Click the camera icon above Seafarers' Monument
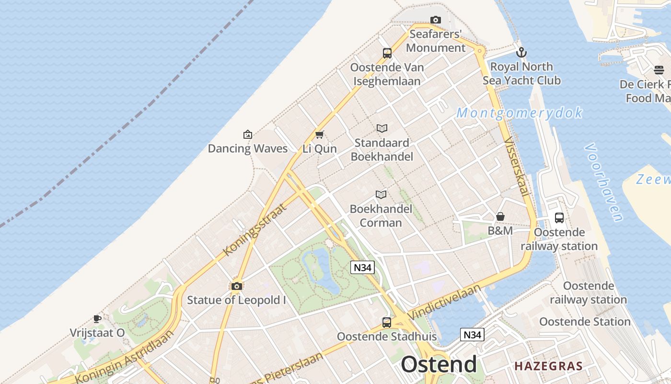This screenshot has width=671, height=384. [x=435, y=20]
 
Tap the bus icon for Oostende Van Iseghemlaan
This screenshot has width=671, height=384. [x=387, y=53]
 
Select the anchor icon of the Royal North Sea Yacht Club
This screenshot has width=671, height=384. [x=521, y=52]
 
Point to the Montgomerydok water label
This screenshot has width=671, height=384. [x=519, y=113]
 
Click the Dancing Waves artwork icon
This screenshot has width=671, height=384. [x=247, y=134]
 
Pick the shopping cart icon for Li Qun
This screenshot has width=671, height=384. [x=319, y=135]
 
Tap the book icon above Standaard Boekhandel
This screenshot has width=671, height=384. [x=382, y=129]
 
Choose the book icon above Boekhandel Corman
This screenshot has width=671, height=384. [x=381, y=194]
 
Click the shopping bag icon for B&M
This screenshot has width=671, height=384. [x=500, y=217]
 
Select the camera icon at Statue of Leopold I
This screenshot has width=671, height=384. [x=236, y=287]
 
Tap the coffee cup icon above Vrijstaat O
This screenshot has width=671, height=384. [x=97, y=319]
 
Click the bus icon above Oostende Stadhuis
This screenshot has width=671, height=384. [x=386, y=323]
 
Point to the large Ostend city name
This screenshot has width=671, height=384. [x=439, y=365]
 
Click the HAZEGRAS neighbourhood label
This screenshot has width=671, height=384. [x=548, y=366]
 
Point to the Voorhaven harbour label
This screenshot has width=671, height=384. [x=604, y=182]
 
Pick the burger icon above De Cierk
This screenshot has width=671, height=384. [x=659, y=71]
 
